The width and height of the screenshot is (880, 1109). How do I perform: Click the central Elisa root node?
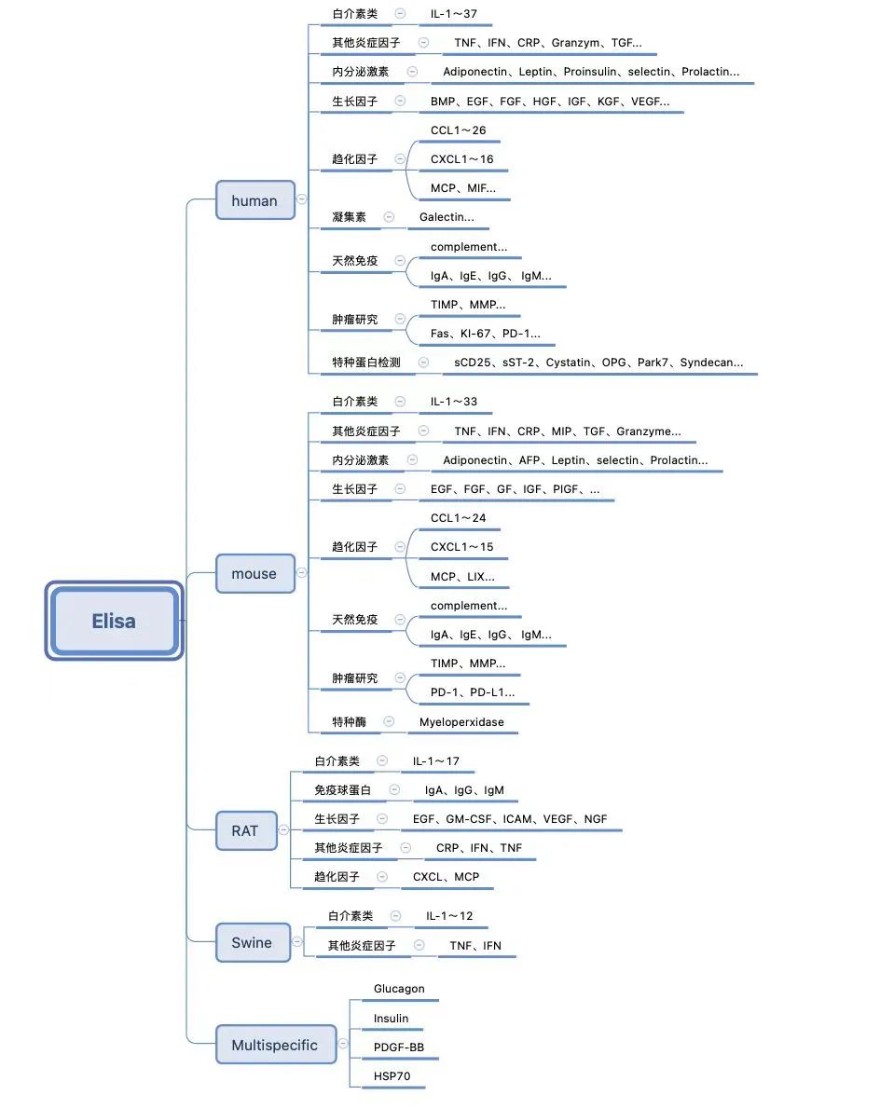click(114, 621)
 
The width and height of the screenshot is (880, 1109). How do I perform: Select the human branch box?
click(255, 200)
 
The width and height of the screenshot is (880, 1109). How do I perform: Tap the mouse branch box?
click(255, 573)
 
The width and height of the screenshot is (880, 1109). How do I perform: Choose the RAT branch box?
click(246, 831)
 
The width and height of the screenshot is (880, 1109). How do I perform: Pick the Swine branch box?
click(253, 943)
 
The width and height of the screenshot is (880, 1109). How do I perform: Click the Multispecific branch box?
click(276, 1045)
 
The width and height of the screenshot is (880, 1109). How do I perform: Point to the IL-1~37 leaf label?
click(453, 14)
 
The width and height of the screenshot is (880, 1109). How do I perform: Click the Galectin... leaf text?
click(447, 217)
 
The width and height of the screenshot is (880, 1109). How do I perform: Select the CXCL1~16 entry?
click(462, 159)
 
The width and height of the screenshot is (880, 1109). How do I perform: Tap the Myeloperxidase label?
click(461, 722)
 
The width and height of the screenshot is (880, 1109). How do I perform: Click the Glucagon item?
click(399, 989)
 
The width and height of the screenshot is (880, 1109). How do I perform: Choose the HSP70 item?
click(392, 1075)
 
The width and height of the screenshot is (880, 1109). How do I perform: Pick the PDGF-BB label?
click(399, 1047)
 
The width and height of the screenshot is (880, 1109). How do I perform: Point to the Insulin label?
click(392, 1019)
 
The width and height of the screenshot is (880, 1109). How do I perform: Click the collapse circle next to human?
click(302, 199)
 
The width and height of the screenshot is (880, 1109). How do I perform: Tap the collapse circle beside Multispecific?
click(343, 1043)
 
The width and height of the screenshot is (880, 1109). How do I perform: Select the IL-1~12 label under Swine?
click(449, 916)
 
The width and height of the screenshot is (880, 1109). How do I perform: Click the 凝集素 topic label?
click(350, 217)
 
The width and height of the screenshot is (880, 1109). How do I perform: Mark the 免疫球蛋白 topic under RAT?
click(343, 790)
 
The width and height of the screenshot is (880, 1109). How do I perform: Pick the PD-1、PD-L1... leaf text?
click(473, 692)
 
